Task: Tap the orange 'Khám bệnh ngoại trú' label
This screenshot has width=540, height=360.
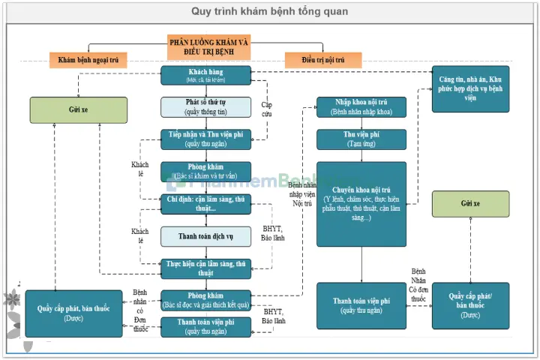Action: [89, 59]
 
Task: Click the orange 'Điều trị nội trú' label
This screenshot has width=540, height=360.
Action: [322, 59]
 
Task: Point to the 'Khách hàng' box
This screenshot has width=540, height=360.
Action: [205, 75]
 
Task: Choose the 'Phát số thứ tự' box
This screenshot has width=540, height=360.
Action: [205, 107]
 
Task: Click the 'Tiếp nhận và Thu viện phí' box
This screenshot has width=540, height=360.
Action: [205, 139]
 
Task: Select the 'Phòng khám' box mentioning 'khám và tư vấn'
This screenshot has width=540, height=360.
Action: [205, 172]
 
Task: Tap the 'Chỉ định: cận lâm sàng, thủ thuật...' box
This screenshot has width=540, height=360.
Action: [205, 203]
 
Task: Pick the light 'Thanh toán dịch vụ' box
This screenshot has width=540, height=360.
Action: [205, 236]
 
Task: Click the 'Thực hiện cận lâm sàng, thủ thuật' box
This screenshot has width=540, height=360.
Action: [205, 268]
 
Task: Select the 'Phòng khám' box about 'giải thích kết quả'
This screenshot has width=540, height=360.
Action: [205, 300]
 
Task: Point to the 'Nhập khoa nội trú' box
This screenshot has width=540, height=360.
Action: [361, 107]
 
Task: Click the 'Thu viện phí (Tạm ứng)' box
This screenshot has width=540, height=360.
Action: [361, 139]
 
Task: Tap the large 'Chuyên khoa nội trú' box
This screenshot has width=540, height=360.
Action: [361, 204]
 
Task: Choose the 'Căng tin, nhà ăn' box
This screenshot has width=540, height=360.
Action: [471, 88]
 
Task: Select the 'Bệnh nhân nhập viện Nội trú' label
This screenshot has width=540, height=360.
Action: [301, 193]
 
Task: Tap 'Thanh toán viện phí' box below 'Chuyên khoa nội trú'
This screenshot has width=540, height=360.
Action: [361, 305]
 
